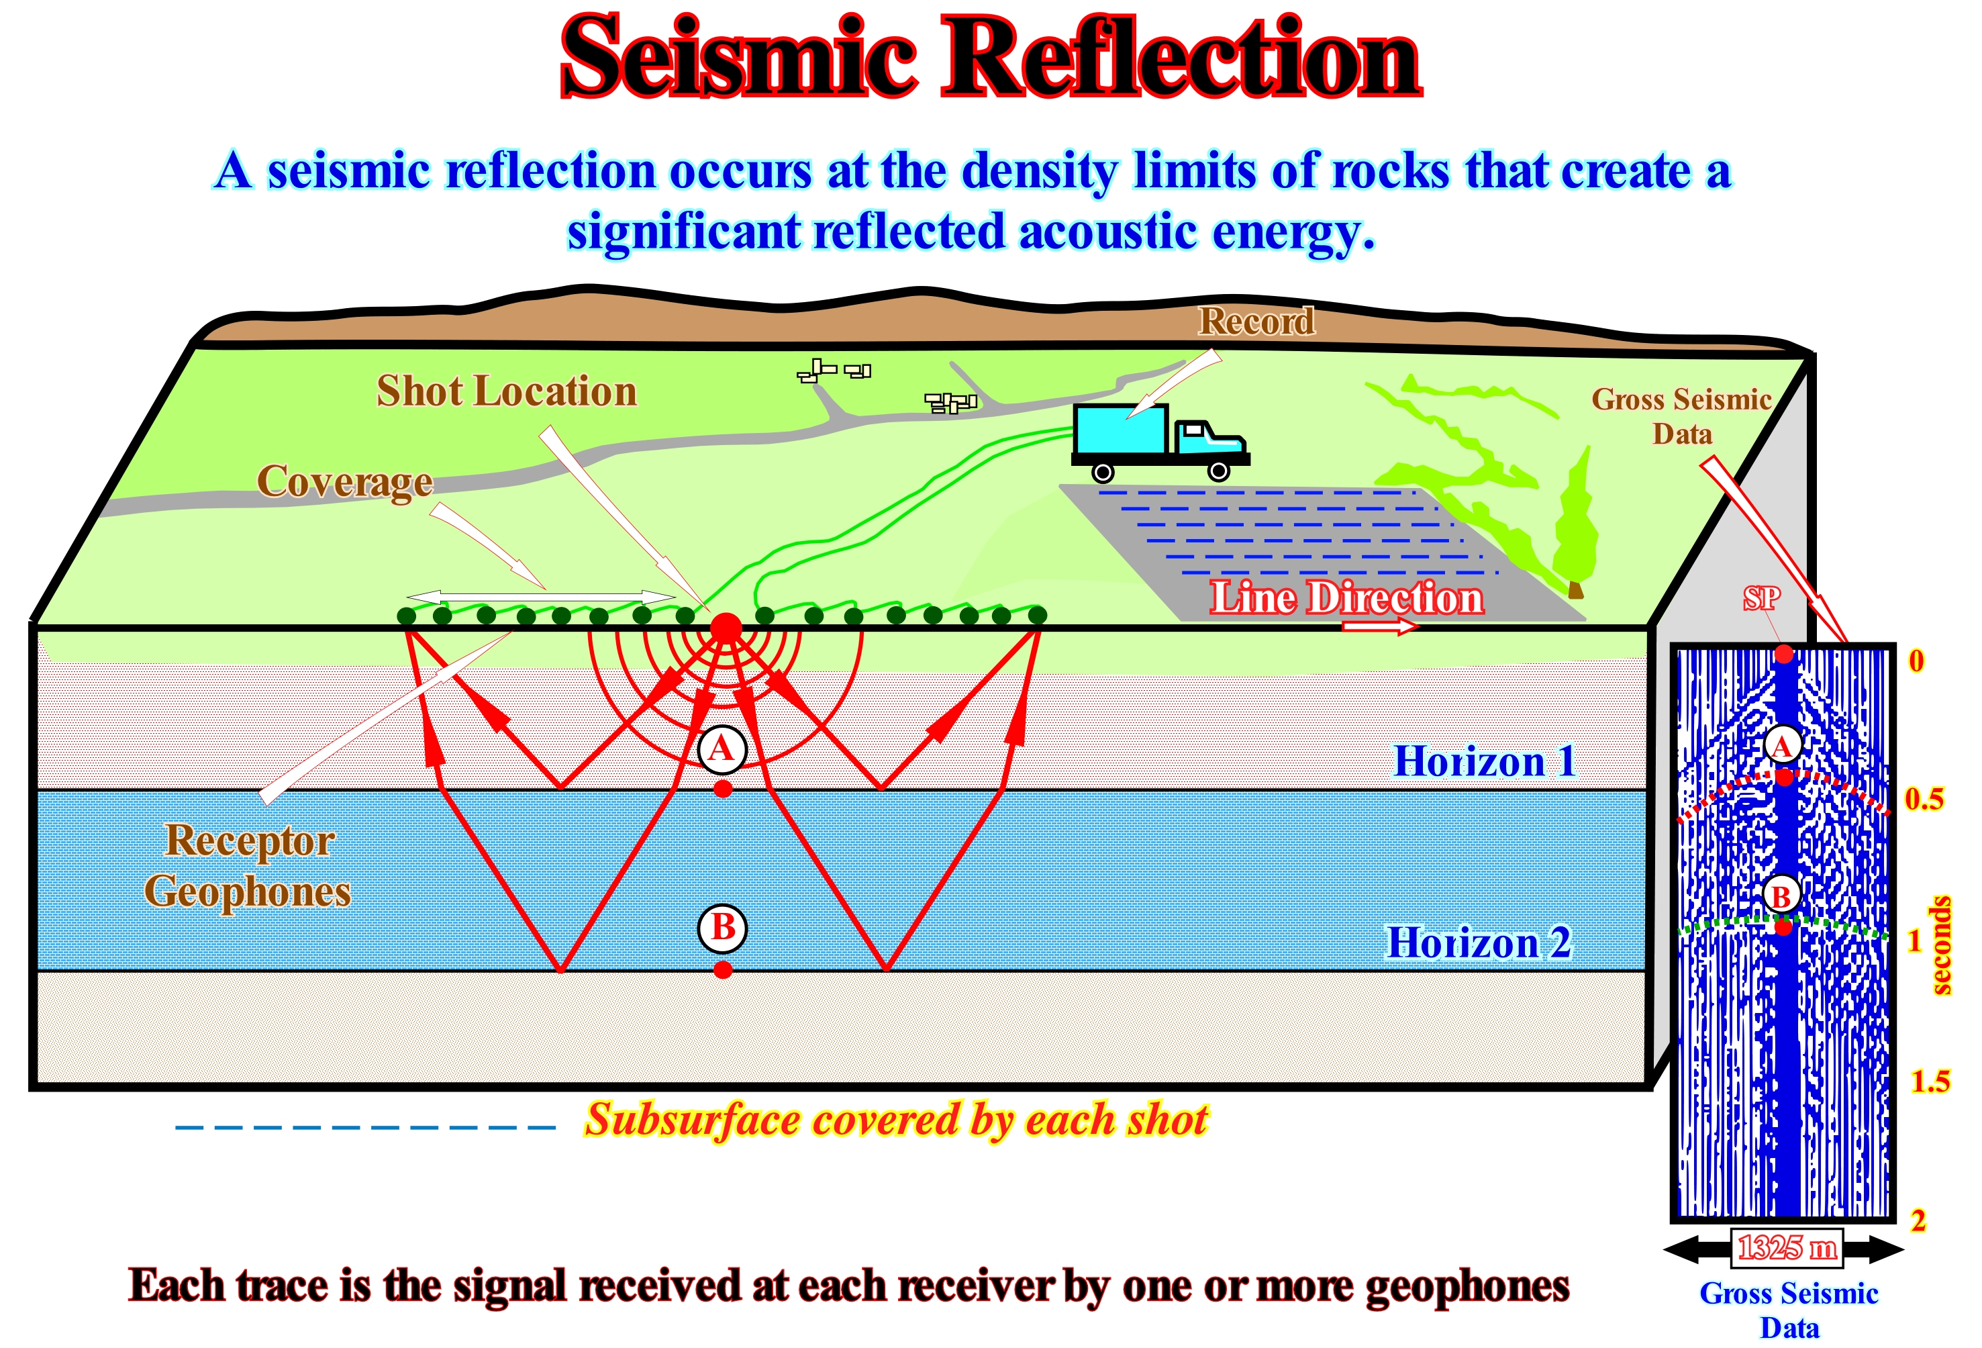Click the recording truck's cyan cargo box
(1119, 429)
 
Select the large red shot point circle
(726, 629)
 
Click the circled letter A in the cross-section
(722, 749)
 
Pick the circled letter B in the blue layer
(722, 927)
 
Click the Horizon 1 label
(1484, 761)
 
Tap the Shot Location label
(507, 391)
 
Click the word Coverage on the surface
(344, 482)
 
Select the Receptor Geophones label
(248, 865)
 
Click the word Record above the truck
(1256, 321)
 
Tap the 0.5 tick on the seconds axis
(1924, 799)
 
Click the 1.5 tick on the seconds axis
(1929, 1081)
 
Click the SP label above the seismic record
(1761, 598)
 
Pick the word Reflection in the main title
(1181, 58)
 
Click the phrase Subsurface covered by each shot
(895, 1119)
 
